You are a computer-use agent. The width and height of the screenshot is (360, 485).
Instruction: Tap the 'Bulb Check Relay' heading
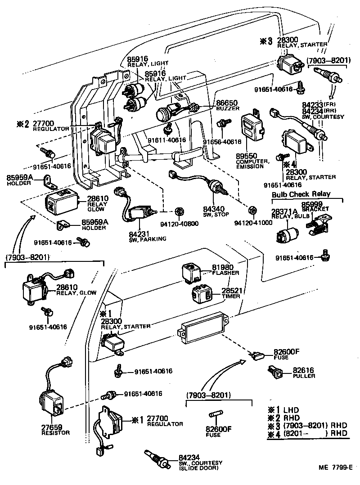[x=301, y=194]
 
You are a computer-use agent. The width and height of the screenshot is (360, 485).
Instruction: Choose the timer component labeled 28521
[x=203, y=295]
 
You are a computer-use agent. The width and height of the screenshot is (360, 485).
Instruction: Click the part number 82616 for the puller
[x=303, y=370]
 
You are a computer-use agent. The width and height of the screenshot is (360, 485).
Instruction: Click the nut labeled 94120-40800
[x=178, y=210]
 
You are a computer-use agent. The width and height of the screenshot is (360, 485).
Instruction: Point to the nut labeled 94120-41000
[x=252, y=210]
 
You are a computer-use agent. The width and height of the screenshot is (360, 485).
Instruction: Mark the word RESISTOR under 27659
[x=55, y=433]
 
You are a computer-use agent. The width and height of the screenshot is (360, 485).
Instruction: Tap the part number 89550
[x=247, y=155]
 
